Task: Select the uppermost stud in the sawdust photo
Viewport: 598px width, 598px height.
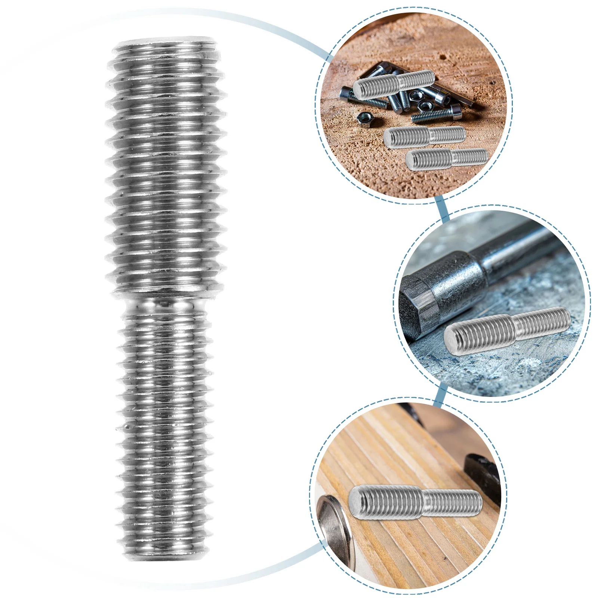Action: pyautogui.click(x=394, y=84)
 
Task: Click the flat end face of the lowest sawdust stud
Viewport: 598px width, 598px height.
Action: pyautogui.click(x=411, y=161)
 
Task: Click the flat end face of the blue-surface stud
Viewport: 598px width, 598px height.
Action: pyautogui.click(x=453, y=339)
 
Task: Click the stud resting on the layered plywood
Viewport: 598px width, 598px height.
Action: pyautogui.click(x=415, y=501)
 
